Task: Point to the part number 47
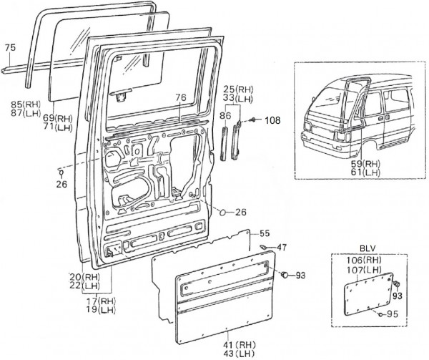pos(282,247)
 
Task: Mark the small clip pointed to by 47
pos(264,248)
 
